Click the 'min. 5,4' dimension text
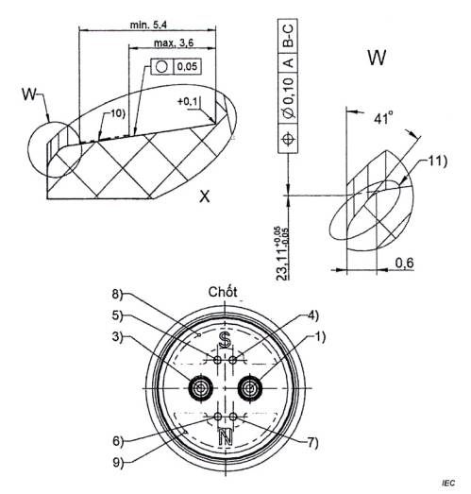[x=148, y=25]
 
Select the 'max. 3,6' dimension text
[x=174, y=43]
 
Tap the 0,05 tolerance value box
[x=187, y=66]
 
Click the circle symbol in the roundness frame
[x=161, y=66]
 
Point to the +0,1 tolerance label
[x=188, y=101]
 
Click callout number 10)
[x=117, y=113]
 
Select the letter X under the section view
[x=205, y=196]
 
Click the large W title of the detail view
[x=377, y=58]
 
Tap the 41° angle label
[x=383, y=118]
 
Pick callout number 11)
[x=437, y=161]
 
